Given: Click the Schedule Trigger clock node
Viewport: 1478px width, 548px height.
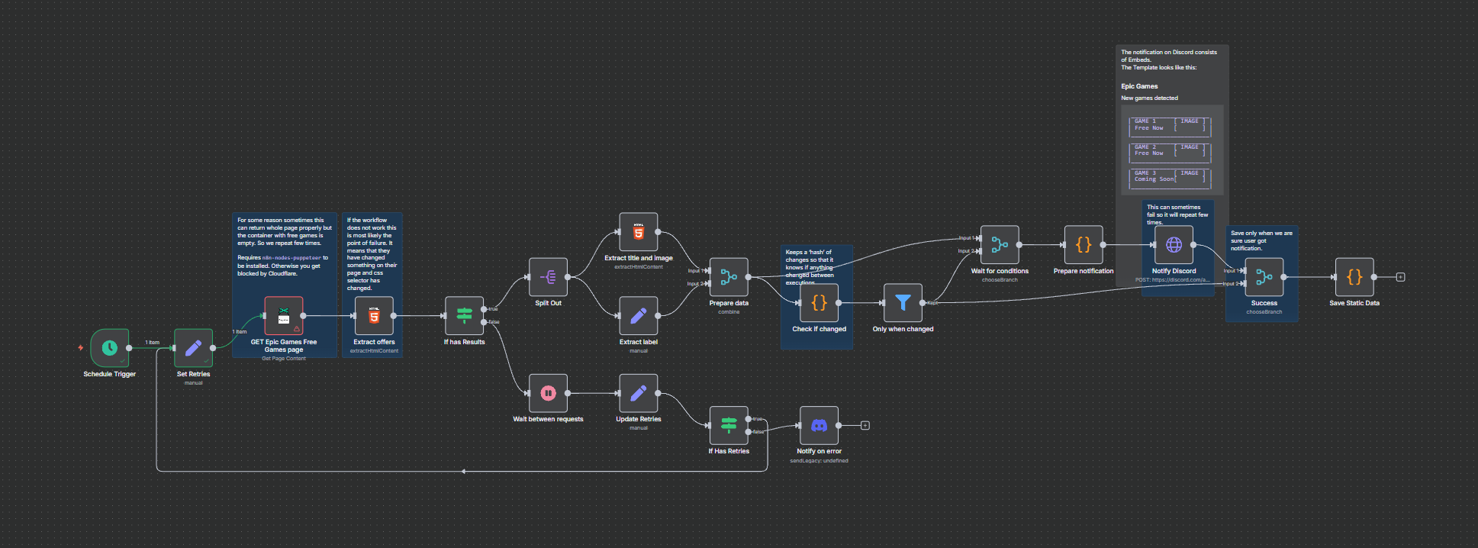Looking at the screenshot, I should [x=110, y=348].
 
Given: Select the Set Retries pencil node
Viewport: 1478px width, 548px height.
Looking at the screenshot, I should [x=193, y=348].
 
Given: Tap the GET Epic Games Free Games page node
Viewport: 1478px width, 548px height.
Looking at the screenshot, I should [x=284, y=316].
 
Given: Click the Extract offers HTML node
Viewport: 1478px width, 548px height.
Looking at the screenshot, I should [x=374, y=316].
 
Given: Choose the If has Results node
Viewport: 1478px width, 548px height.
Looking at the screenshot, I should [x=464, y=316].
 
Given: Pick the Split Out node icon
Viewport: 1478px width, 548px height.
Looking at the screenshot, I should [x=548, y=277].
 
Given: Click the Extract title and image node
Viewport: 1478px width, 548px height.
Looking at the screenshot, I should [x=639, y=232].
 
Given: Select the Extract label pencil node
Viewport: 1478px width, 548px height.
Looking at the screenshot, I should [x=639, y=316].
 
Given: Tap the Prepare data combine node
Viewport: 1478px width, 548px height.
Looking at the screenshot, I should [x=729, y=277].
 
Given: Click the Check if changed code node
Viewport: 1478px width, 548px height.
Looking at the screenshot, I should [x=819, y=303].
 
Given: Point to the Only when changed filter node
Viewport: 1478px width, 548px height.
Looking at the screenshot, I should [x=903, y=303].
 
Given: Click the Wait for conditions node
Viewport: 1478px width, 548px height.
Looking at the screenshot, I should [x=1000, y=245].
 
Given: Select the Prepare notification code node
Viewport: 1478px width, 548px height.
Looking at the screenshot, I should [x=1084, y=245].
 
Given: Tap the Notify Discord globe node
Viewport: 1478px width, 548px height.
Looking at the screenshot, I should [x=1174, y=245].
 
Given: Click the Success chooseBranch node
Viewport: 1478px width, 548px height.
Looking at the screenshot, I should [x=1264, y=277].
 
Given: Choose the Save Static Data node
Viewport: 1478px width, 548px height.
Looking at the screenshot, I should [x=1354, y=277].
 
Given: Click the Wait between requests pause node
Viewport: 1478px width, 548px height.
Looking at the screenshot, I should [x=548, y=393].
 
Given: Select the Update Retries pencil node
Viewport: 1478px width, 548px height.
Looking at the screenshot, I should [x=639, y=393].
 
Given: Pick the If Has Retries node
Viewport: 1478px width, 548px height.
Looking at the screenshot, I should [x=729, y=425].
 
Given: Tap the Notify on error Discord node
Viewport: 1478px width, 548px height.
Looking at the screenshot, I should [x=819, y=425].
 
